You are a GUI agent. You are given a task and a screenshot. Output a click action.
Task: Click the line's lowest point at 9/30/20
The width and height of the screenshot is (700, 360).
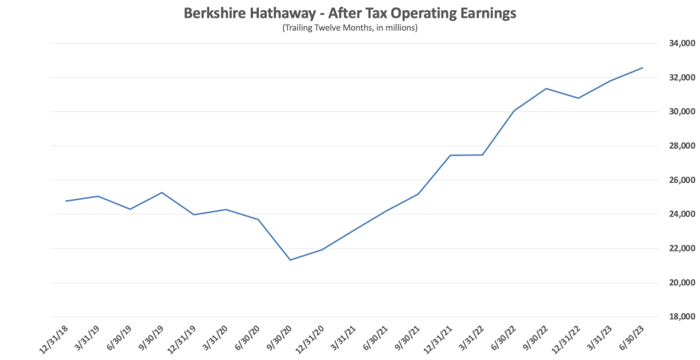click(290, 260)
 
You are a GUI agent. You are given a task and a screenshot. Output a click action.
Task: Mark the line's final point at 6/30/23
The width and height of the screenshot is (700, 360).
click(642, 68)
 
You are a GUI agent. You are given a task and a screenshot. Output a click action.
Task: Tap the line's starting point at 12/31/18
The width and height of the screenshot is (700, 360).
click(66, 201)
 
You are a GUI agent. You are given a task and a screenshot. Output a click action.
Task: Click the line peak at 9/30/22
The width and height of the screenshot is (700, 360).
click(546, 88)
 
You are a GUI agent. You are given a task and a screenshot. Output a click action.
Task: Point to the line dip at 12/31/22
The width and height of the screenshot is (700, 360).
click(578, 98)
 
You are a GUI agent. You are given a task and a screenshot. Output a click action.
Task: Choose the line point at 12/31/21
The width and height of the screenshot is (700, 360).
click(450, 155)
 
